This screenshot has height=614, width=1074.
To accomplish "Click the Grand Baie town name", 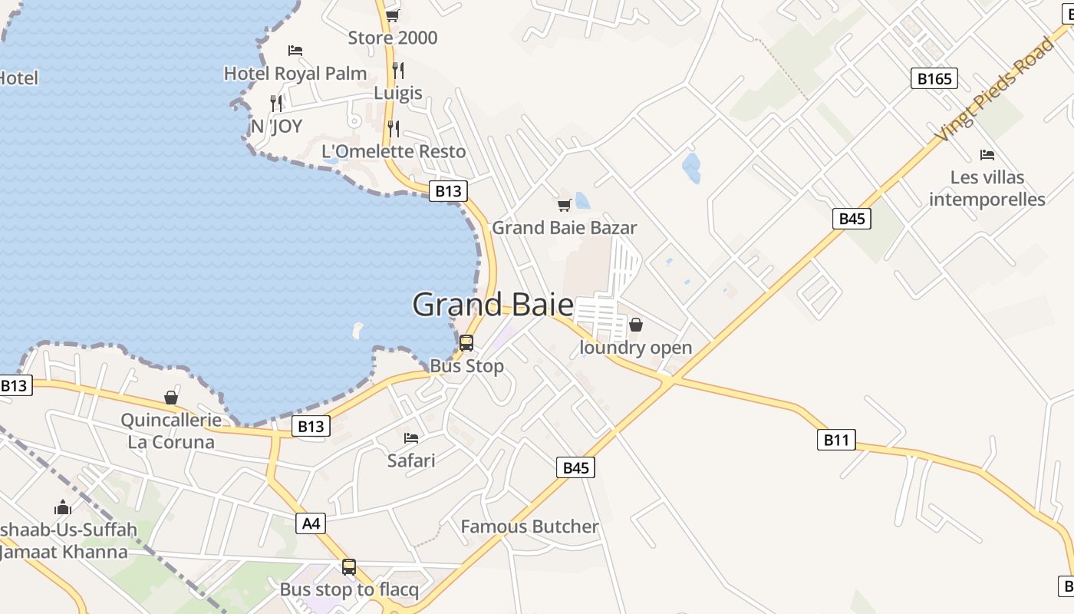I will (493, 305).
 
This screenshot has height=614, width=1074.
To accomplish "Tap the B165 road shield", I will (934, 78).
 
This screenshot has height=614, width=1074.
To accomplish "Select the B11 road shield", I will (835, 440).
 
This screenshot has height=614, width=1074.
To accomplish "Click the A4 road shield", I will (310, 523).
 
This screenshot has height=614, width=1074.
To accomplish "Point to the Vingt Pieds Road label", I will (994, 90).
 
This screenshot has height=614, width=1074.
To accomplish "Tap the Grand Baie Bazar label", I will (564, 228).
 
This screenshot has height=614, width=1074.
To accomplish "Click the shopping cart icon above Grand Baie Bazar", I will (564, 205).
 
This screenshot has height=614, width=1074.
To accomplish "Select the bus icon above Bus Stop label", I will (466, 343).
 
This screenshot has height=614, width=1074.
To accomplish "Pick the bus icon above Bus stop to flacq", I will (349, 567).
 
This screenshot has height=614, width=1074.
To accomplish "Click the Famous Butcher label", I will (529, 527).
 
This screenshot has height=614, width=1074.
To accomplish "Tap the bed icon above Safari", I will (411, 438).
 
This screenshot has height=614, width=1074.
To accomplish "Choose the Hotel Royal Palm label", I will (295, 74).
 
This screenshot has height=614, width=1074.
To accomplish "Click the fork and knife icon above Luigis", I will (397, 70).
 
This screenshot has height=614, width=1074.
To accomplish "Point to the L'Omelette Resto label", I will (394, 151).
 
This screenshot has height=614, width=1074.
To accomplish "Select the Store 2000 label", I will (393, 38).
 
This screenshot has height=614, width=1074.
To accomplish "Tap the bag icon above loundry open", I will (635, 325).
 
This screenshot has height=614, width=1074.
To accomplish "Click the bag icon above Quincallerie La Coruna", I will (171, 398).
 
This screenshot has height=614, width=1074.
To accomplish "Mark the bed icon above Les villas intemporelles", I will (987, 155).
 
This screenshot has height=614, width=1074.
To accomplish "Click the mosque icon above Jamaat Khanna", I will (63, 507).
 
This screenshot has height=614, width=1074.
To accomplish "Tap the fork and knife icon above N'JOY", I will (276, 103).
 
